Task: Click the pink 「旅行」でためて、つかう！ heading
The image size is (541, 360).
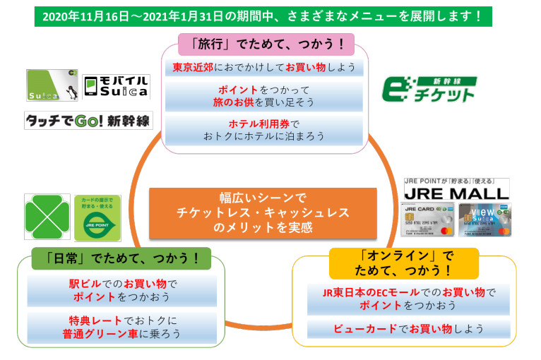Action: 265,44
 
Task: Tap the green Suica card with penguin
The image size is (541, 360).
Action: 52,85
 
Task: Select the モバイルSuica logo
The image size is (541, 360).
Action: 116,86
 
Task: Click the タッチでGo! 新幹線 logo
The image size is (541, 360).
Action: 88,120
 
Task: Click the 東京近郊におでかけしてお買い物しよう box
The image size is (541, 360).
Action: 264,68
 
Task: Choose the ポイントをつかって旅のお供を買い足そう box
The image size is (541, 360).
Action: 264,96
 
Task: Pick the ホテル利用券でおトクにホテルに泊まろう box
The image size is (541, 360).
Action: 264,131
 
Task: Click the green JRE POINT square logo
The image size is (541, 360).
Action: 97,217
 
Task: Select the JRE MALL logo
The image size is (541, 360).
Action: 456,189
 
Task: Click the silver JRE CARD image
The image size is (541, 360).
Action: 429,220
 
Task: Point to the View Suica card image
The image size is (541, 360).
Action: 484,220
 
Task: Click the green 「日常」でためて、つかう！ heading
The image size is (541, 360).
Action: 121,259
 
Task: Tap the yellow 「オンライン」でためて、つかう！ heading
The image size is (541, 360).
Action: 403,263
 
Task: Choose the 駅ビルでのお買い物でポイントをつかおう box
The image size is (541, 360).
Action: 121,290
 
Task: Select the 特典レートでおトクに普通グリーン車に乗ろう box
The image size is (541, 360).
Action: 121,326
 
